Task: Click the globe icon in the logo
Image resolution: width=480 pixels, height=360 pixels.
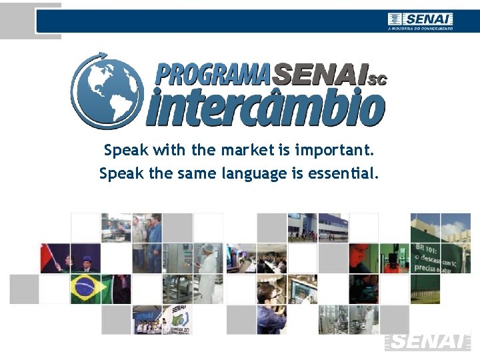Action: tap(107, 92)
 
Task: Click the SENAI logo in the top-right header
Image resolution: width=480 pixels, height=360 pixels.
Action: tap(421, 19)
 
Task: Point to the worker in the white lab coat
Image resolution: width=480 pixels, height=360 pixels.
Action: tap(209, 267)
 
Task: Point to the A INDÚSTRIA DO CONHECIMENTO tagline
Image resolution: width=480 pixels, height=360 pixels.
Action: tap(420, 29)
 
